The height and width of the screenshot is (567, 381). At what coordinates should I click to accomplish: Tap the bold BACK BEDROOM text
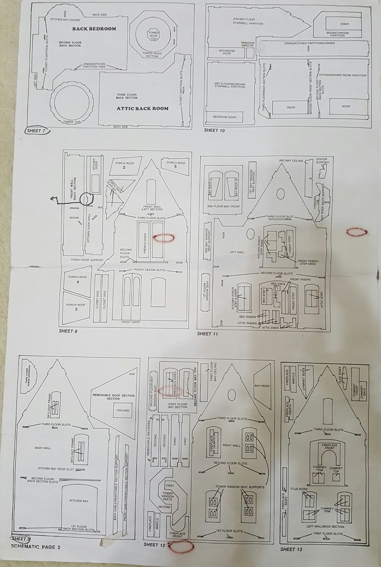(94, 29)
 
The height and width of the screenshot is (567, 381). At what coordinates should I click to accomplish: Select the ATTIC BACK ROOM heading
(142, 108)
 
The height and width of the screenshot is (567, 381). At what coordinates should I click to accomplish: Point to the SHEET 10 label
(214, 130)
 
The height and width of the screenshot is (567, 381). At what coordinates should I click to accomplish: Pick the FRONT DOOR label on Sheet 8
(131, 322)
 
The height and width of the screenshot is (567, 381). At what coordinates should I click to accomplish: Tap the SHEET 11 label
(207, 333)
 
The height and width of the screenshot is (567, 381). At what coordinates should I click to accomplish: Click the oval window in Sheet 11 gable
(281, 193)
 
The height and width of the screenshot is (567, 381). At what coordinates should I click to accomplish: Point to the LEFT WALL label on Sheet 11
(237, 252)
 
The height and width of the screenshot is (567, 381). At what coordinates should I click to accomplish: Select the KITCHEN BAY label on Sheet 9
(79, 501)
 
